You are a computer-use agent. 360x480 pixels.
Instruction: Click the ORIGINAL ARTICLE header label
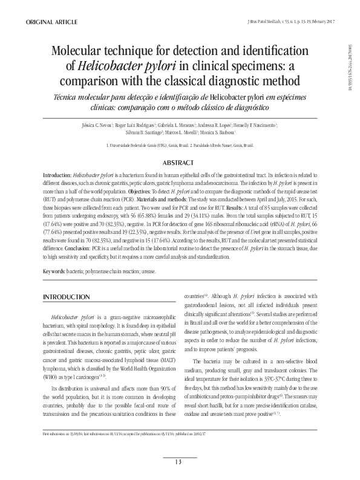point(51,22)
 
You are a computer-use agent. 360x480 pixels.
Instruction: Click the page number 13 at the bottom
point(178,462)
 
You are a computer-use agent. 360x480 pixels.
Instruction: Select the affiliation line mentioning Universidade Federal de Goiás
point(180,146)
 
